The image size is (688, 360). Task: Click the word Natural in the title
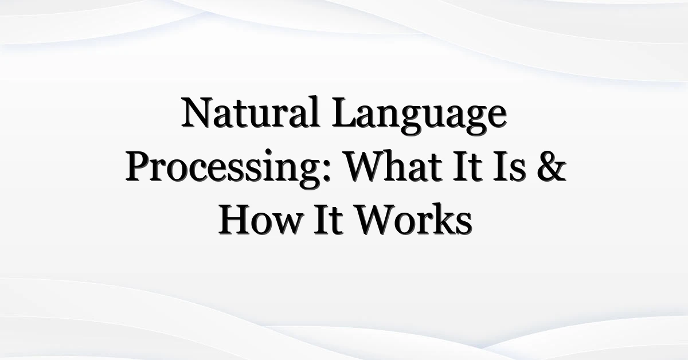pos(251,112)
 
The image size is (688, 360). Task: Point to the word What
pos(393,166)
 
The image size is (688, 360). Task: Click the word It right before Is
pos(467,166)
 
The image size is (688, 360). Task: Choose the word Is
pos(509,166)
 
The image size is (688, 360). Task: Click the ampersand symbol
pos(552,166)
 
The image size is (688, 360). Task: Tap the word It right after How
pos(328,220)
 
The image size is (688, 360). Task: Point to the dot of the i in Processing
pos(268,152)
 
